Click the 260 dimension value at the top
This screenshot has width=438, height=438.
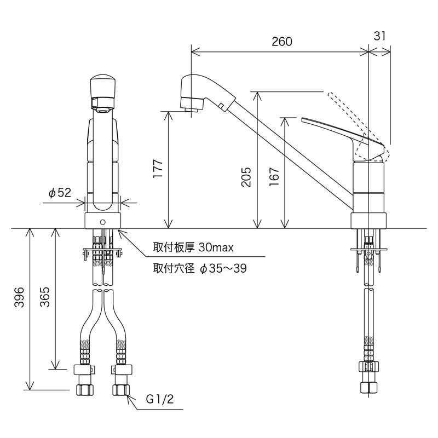pyautogui.click(x=281, y=42)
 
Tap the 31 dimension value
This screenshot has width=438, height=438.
pyautogui.click(x=380, y=36)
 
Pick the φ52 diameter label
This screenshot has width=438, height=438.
pyautogui.click(x=60, y=193)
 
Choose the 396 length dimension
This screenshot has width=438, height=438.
pyautogui.click(x=19, y=298)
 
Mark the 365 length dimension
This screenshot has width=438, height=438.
pyautogui.click(x=45, y=298)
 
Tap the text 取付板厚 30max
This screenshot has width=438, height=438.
pyautogui.click(x=193, y=247)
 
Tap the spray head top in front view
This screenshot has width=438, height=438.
pyautogui.click(x=102, y=85)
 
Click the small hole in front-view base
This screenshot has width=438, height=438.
pyautogui.click(x=102, y=222)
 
